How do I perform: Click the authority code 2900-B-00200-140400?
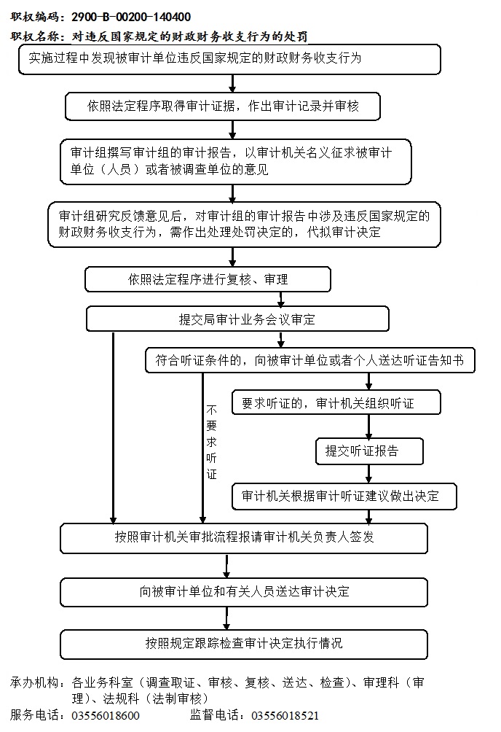coord(131,17)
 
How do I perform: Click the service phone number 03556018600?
coord(106,716)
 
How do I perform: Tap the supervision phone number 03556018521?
coord(285,716)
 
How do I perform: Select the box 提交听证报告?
coord(369,451)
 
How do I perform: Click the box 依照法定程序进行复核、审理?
coord(208,279)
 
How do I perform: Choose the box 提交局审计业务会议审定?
coord(237,319)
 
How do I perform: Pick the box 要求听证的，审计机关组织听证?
coord(336,402)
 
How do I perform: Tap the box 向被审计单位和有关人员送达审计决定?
coord(244,592)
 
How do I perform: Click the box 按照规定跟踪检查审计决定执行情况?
coord(244,644)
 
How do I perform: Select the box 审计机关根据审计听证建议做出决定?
coord(344,496)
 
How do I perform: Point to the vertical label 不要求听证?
coord(212,442)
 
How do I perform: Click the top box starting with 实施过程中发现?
coord(229,59)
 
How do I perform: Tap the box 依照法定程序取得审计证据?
coord(223,106)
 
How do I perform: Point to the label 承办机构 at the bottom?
coord(35,683)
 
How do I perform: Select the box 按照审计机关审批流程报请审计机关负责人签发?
coord(244,538)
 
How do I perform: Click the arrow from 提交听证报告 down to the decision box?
coord(369,474)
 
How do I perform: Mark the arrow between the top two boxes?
coord(232,84)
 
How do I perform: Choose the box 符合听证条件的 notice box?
coord(310,360)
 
